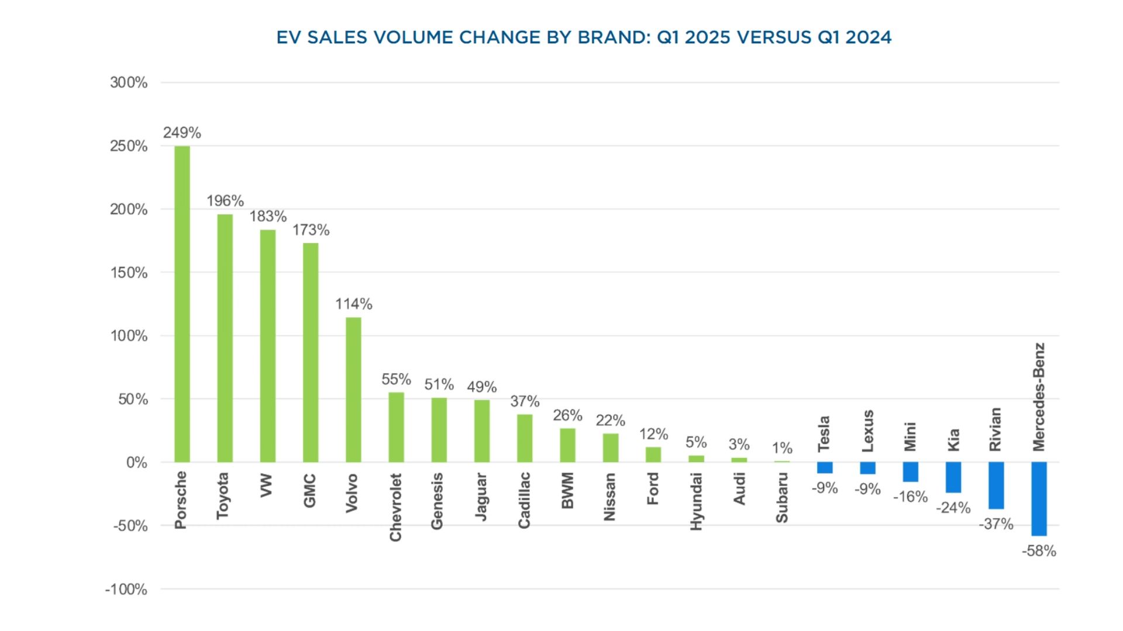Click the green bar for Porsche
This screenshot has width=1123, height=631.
pos(182,304)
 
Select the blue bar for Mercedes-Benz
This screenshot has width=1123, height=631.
pos(1039,498)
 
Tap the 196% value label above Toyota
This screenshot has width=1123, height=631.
pos(225,201)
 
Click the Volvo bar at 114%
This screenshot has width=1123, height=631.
pos(353,390)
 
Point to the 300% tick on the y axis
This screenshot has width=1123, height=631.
pos(129,82)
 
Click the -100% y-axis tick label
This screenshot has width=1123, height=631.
pos(126,589)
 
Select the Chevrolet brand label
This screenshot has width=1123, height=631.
pos(396,507)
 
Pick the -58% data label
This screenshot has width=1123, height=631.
pos(1039,551)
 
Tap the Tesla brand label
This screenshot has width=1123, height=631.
pos(824,434)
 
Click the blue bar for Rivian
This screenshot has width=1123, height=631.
pos(996,485)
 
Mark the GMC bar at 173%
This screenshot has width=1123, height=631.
pos(311,352)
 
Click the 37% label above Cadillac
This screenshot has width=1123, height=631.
pos(525,401)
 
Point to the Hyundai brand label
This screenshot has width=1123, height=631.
pos(696,501)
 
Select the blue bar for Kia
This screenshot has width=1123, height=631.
pos(953,477)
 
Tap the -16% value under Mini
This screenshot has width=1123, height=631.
pos(910,497)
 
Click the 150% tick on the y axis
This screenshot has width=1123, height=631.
pos(129,272)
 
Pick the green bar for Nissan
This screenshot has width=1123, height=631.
pos(610,448)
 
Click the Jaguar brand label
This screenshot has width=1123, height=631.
pos(481,497)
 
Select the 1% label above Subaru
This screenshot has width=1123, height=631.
pos(782,448)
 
